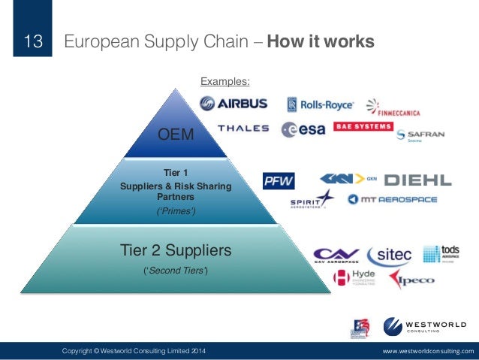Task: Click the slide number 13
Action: click(x=33, y=42)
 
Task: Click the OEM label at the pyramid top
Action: click(x=175, y=135)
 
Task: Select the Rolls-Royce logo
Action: click(x=319, y=104)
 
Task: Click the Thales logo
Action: click(x=243, y=129)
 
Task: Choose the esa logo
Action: click(x=303, y=129)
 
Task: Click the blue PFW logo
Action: click(x=279, y=181)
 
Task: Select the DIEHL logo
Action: click(x=417, y=180)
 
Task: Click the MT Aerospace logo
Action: click(x=392, y=200)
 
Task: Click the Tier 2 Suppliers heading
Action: click(x=176, y=249)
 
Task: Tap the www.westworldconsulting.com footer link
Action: click(x=429, y=351)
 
